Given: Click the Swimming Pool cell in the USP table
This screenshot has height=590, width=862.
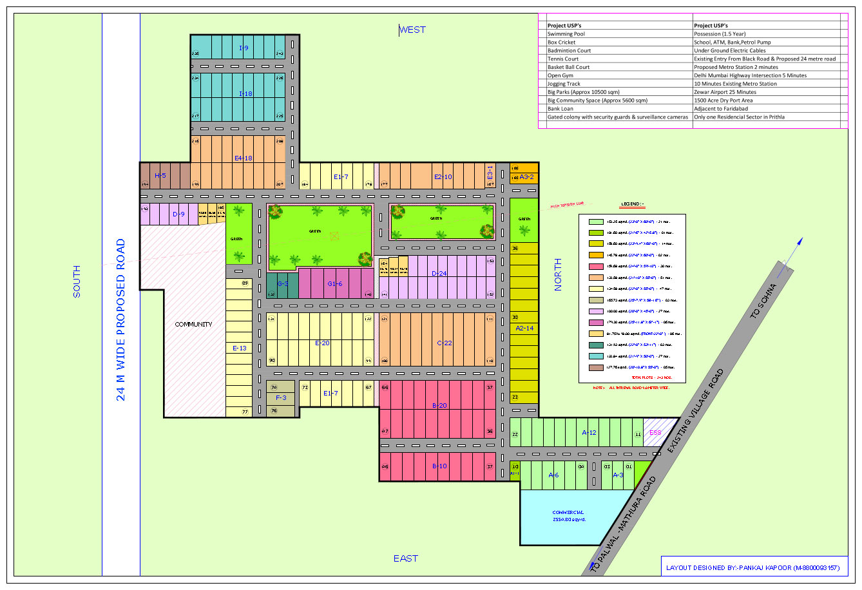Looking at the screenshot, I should (566, 34).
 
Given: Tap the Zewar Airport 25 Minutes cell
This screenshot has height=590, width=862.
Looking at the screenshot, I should (725, 92).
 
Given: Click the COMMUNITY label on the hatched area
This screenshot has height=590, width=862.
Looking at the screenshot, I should (193, 325).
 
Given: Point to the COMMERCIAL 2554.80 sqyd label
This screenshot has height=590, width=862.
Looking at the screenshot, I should (569, 516).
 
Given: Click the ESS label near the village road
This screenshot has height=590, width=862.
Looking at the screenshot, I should (655, 433).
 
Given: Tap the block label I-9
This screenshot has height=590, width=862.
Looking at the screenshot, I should (244, 48).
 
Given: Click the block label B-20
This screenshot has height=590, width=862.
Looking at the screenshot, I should (439, 406).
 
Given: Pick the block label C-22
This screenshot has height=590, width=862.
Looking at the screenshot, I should (444, 343).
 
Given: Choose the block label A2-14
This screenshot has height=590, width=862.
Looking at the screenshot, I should (524, 328).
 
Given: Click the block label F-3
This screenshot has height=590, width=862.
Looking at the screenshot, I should (281, 398).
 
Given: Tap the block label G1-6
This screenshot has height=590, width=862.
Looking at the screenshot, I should (334, 284).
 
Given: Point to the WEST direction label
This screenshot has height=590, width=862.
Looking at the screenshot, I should (412, 30).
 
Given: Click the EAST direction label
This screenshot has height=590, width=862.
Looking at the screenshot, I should (406, 558).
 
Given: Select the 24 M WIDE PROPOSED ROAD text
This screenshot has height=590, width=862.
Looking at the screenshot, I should (121, 320).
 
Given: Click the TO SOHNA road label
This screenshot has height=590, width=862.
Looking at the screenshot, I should (764, 301).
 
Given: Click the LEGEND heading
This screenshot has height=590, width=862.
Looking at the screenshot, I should (633, 205).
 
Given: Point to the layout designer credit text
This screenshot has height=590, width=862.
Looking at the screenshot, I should (753, 568).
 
